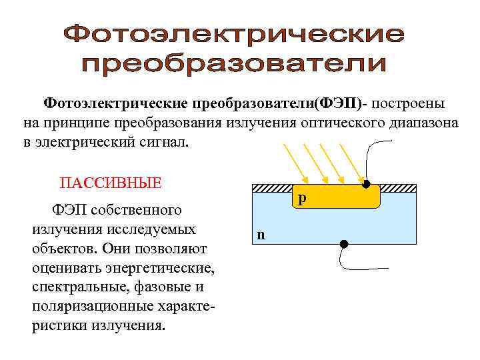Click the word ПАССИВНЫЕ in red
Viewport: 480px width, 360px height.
[x=111, y=183]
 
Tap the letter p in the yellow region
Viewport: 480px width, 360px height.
[x=302, y=199]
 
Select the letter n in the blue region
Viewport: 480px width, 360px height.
[x=261, y=234]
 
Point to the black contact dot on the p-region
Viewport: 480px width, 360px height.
[x=365, y=182]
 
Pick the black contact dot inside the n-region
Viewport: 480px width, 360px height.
[x=343, y=244]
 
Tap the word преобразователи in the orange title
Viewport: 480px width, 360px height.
[x=234, y=65]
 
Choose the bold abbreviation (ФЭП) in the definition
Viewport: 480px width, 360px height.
[x=339, y=103]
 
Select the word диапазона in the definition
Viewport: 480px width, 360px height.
[x=421, y=123]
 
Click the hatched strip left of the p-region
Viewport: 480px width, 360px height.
[x=273, y=189]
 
